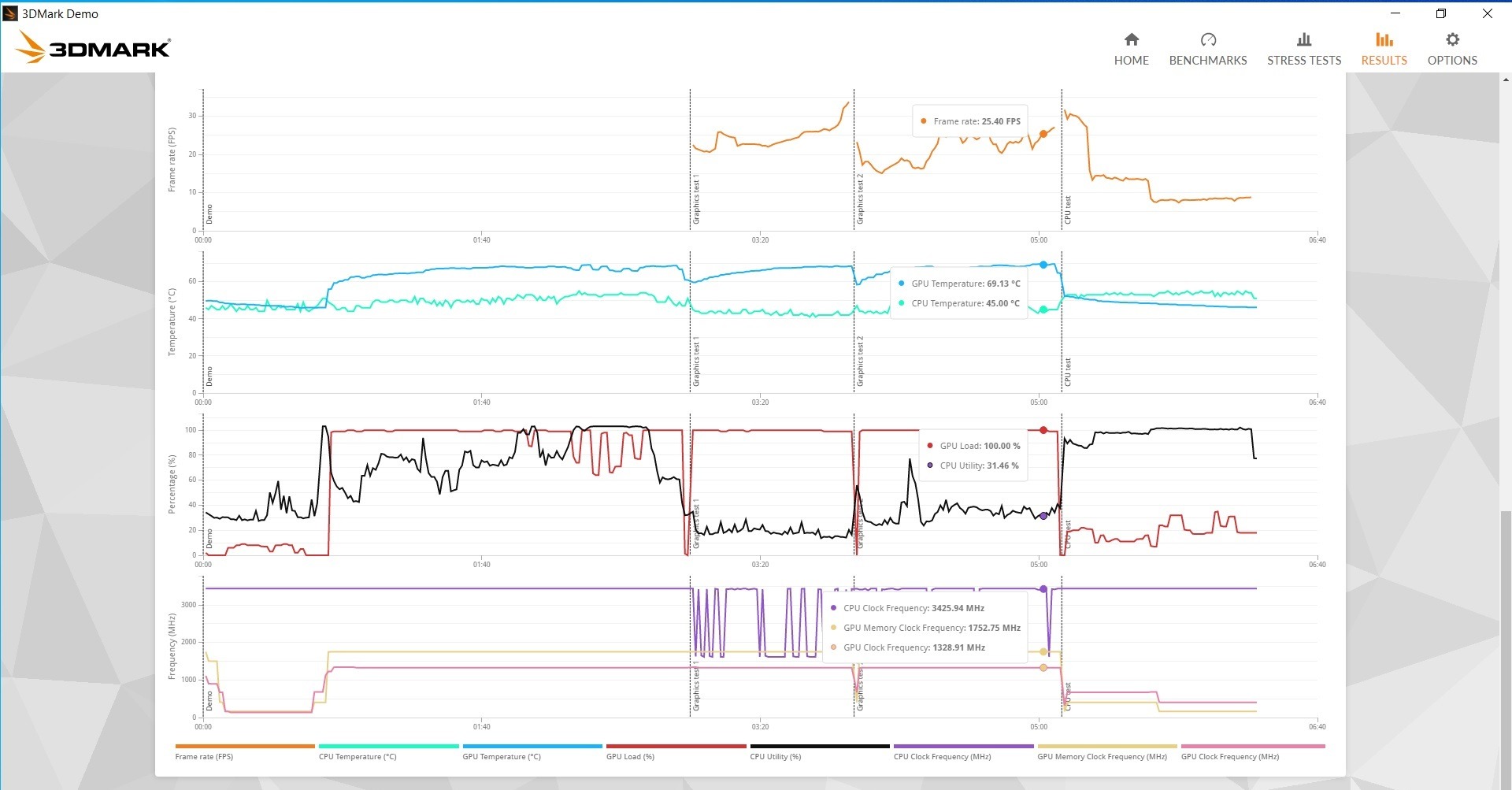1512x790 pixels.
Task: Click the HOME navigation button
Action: (x=1131, y=49)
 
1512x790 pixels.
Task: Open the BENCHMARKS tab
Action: (x=1207, y=49)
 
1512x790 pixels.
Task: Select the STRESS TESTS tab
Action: (x=1303, y=49)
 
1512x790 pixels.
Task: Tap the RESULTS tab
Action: (x=1384, y=49)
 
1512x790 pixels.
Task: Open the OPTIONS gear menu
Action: (x=1452, y=49)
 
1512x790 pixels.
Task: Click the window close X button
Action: (x=1488, y=13)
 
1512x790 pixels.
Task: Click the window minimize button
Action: (x=1395, y=13)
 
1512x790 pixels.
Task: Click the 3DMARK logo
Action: (x=93, y=47)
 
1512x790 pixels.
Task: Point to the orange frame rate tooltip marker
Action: (x=1043, y=134)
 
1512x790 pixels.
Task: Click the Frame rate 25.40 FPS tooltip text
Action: (x=976, y=121)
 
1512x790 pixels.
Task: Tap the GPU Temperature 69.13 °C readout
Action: (x=965, y=284)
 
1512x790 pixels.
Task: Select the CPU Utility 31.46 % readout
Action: (x=979, y=465)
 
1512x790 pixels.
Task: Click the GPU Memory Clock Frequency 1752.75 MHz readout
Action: (x=931, y=628)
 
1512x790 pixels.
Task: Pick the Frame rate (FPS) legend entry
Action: (x=204, y=756)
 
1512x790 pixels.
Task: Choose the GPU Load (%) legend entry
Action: (x=630, y=756)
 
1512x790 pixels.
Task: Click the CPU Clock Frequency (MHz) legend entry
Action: (x=942, y=756)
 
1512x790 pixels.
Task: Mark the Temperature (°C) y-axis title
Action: (x=172, y=321)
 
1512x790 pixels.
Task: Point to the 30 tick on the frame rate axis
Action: (x=192, y=116)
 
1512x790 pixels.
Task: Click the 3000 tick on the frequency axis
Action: (x=189, y=605)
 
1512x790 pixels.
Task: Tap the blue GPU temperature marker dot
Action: (x=1043, y=265)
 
